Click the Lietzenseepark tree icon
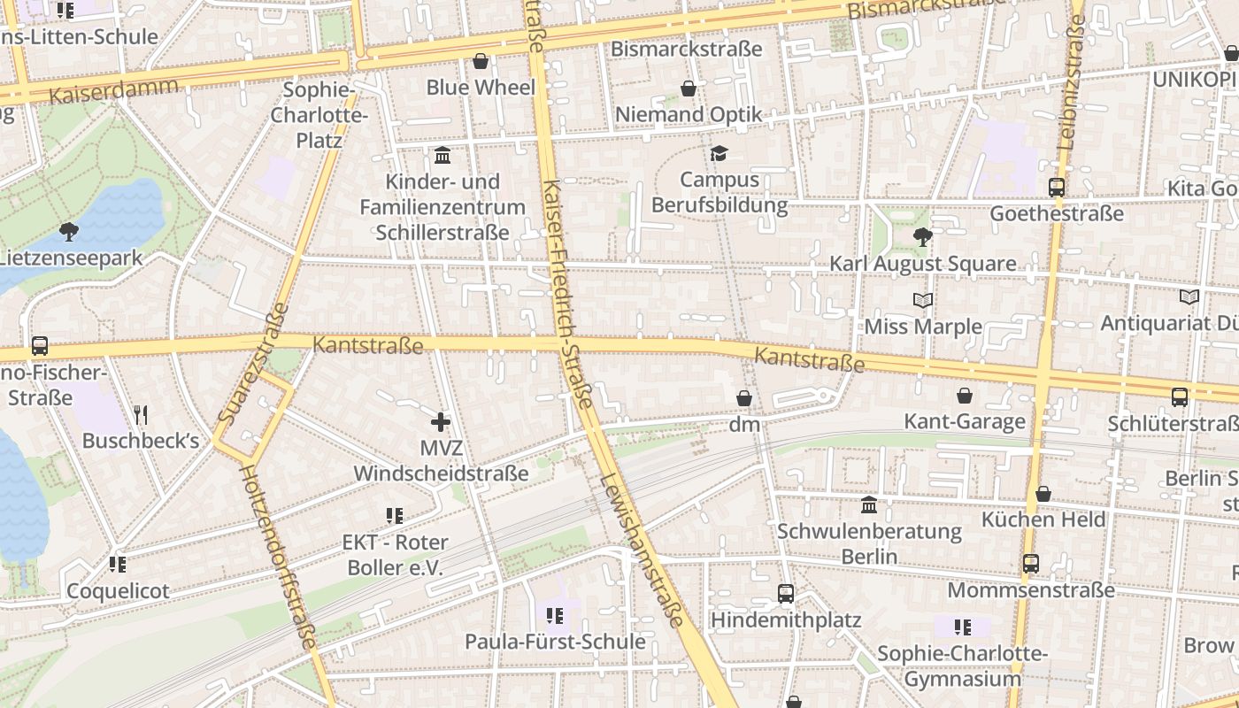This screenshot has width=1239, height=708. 68,232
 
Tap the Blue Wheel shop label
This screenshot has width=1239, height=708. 481,88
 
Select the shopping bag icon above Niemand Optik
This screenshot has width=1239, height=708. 689,88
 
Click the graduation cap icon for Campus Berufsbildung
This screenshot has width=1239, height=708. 719,154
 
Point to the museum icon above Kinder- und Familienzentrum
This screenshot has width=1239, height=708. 442,156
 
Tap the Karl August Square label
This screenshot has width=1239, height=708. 922,264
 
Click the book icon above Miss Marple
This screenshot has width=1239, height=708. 923,301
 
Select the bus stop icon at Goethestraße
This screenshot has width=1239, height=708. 1056,188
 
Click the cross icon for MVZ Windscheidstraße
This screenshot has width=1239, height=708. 441,422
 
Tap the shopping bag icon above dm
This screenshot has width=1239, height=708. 744,399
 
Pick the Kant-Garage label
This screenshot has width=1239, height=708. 964,421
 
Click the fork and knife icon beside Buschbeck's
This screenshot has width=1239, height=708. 140,414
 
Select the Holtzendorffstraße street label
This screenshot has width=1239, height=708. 278,558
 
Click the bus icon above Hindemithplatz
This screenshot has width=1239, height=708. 785,594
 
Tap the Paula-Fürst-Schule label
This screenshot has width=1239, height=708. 555,641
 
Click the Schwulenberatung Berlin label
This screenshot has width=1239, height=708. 869,543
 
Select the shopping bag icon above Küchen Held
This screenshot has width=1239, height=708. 1043,494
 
